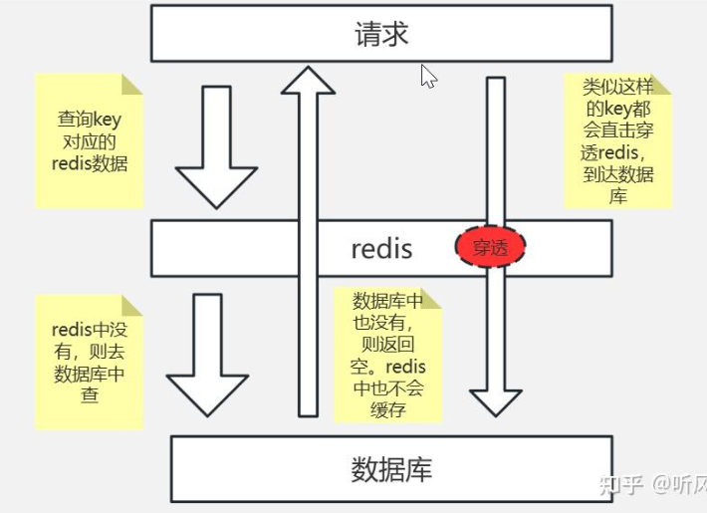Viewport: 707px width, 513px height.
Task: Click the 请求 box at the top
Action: click(x=381, y=34)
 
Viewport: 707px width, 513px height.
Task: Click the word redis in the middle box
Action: click(x=381, y=248)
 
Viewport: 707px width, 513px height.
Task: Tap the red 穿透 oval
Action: click(x=490, y=247)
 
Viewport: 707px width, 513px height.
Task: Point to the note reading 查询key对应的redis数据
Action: click(x=90, y=141)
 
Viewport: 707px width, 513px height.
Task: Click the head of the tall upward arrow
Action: click(x=308, y=83)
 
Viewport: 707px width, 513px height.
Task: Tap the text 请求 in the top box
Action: click(x=381, y=34)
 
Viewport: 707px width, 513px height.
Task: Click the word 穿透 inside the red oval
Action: click(x=490, y=247)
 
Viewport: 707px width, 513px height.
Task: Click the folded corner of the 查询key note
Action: click(x=132, y=84)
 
